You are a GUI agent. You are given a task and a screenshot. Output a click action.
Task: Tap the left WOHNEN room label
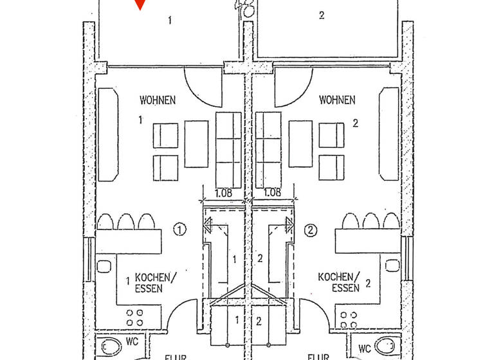click(x=158, y=100)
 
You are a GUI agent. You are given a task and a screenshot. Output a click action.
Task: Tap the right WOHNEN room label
click(x=336, y=100)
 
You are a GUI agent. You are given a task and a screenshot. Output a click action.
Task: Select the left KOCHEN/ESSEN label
click(x=153, y=283)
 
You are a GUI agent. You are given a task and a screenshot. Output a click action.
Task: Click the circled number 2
click(x=311, y=228)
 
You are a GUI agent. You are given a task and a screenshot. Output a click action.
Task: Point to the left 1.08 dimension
click(x=224, y=192)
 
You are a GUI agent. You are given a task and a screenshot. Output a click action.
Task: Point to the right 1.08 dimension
click(x=271, y=192)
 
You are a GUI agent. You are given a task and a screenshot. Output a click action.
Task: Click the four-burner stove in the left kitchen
click(x=135, y=318)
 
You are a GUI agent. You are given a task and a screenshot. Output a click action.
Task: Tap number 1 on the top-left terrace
click(x=170, y=21)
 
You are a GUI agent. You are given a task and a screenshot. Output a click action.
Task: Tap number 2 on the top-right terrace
click(x=322, y=16)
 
